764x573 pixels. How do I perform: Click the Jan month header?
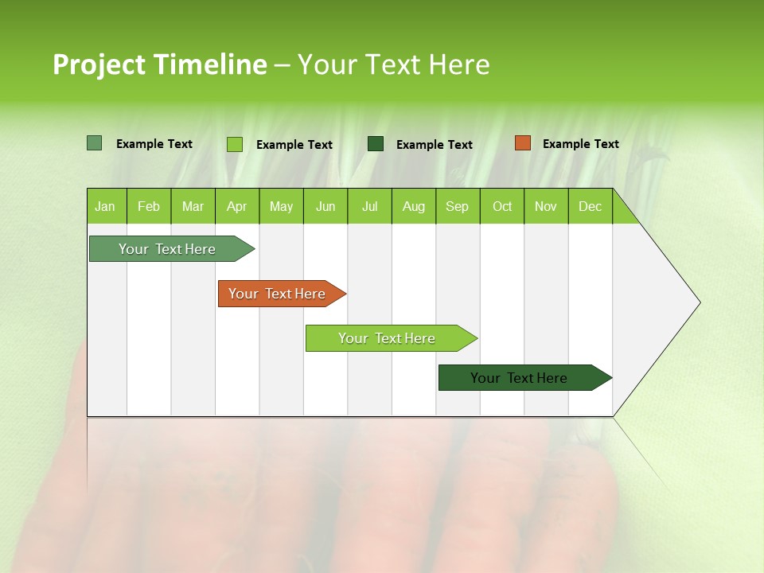[106, 206]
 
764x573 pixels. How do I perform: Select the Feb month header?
[149, 206]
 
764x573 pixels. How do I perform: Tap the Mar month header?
[193, 206]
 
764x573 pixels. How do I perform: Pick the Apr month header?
[237, 206]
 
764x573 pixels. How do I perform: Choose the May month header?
[281, 206]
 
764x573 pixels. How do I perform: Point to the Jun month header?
[325, 206]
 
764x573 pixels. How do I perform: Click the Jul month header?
[369, 206]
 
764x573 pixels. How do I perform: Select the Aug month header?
[414, 206]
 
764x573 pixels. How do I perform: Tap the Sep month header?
[458, 206]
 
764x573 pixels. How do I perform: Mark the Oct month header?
[502, 206]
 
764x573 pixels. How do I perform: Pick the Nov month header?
[546, 206]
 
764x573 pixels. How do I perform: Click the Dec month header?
[591, 206]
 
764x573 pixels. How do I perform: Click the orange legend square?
[522, 143]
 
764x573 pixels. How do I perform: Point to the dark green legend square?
[376, 143]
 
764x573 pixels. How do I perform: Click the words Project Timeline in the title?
[160, 64]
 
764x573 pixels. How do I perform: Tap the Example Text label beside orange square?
[580, 144]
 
